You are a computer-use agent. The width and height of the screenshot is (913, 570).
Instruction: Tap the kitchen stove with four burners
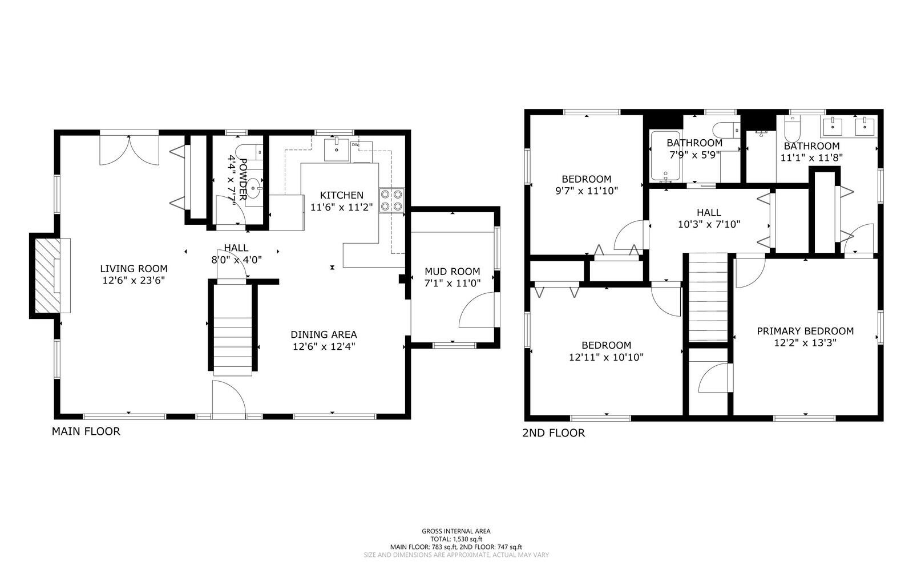point(391,200)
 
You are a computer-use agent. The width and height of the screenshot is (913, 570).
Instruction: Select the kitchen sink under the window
point(337,150)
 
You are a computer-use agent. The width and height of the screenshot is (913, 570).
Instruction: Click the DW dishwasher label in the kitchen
point(355,145)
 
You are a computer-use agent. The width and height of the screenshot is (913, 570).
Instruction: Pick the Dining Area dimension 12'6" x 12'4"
point(324,346)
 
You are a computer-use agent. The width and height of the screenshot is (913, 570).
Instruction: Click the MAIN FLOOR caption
point(86,431)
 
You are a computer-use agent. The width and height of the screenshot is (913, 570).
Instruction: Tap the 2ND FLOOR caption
point(554,433)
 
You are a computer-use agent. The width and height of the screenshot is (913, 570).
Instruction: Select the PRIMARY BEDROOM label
point(805,331)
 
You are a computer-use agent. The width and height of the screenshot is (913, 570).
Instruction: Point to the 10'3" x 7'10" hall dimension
point(709,225)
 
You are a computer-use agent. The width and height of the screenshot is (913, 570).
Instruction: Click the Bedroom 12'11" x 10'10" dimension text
point(606,358)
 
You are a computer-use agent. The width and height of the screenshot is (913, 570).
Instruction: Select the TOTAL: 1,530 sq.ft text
point(456,539)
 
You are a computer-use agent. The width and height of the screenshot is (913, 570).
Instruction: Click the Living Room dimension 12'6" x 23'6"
point(134,281)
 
